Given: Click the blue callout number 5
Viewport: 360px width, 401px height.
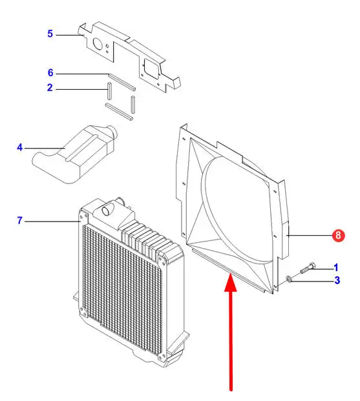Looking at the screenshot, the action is (50, 34).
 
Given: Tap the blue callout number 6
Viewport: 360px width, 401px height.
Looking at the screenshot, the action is (50, 72).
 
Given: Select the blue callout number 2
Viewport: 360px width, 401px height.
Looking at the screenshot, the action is (50, 88).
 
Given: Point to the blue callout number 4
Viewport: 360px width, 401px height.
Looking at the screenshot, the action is (20, 148).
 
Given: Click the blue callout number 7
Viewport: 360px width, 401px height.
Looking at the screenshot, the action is (20, 220).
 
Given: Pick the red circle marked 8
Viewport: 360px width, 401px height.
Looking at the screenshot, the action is (338, 235).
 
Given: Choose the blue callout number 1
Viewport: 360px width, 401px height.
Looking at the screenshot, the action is (336, 268).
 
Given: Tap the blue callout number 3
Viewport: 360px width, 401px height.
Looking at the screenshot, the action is (337, 280).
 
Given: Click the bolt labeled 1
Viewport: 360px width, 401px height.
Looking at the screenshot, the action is (307, 268).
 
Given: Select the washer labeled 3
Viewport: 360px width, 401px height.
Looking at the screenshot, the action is (288, 279).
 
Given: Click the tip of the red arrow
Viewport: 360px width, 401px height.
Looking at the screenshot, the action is (231, 273).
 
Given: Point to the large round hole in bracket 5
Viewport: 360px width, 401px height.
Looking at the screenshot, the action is (98, 45).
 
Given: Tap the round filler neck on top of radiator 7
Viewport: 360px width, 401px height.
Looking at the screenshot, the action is (107, 209).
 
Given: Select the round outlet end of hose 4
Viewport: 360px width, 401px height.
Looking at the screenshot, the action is (112, 133).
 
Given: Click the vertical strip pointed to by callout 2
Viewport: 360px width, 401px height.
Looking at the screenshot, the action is (109, 90).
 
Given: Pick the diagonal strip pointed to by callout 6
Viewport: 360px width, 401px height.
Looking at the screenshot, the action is (122, 82).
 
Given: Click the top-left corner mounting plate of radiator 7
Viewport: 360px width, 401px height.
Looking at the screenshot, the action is (84, 218).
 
